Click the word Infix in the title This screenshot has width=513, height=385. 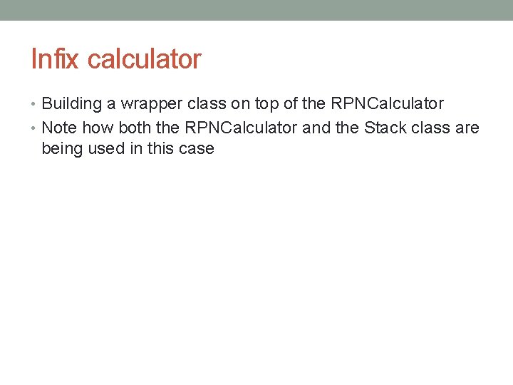tap(56, 59)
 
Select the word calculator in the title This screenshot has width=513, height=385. tap(145, 59)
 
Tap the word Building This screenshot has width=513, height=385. tap(72, 104)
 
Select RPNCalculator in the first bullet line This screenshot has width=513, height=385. tap(388, 104)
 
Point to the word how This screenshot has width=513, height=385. tap(98, 128)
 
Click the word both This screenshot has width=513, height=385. tap(135, 128)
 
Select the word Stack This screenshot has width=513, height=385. tap(385, 128)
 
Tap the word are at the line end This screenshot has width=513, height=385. tap(467, 128)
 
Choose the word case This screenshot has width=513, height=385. tap(198, 150)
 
